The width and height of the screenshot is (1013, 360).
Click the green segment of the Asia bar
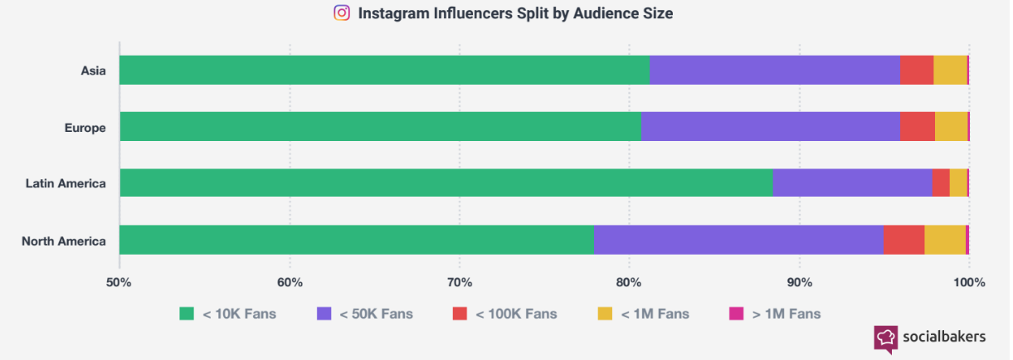(x=384, y=71)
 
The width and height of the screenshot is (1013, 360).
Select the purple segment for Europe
(x=771, y=127)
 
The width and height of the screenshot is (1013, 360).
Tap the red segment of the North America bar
(x=904, y=240)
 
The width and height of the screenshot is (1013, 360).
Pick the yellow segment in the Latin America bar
(x=958, y=182)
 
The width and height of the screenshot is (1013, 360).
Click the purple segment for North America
(x=738, y=240)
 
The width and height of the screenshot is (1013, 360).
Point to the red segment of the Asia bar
(x=917, y=71)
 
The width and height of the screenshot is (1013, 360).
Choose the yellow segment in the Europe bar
(x=952, y=127)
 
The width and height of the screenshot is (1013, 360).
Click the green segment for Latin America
(x=446, y=182)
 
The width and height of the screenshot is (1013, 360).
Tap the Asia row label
(x=93, y=71)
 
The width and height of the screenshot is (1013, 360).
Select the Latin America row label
(x=66, y=183)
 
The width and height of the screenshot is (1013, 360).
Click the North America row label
(x=64, y=241)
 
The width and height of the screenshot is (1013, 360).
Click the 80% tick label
(x=629, y=283)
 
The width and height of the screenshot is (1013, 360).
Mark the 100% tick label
(x=969, y=283)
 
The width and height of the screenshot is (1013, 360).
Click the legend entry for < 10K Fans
(x=227, y=314)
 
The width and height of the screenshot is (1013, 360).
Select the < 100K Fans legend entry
(x=504, y=314)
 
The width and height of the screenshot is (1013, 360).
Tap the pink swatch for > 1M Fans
(x=736, y=314)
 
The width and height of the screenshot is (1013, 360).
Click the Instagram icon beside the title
(x=342, y=12)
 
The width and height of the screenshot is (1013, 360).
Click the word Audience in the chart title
(x=605, y=13)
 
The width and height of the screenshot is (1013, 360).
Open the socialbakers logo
(x=930, y=338)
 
